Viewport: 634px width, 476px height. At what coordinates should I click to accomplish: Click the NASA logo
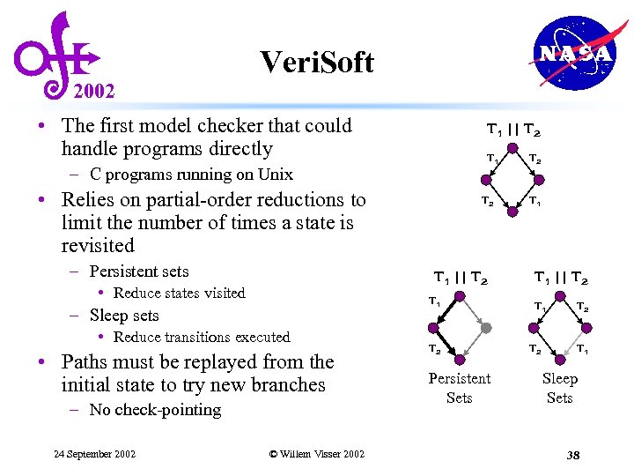click(574, 54)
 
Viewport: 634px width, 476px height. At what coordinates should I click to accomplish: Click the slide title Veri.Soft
click(317, 62)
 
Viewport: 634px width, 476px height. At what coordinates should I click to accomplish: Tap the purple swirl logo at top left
click(55, 55)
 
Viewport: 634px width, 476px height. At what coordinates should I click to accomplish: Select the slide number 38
click(573, 455)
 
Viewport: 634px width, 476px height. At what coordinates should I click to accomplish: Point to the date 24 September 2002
click(94, 454)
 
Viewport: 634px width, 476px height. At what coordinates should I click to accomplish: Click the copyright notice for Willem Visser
click(316, 454)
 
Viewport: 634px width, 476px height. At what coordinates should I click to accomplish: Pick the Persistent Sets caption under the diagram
click(459, 388)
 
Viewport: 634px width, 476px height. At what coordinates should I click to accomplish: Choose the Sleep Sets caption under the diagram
click(559, 388)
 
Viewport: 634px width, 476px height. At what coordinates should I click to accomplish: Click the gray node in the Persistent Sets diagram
click(485, 327)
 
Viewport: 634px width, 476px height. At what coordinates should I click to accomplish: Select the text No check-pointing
click(155, 410)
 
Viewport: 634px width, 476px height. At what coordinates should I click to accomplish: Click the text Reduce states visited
click(179, 294)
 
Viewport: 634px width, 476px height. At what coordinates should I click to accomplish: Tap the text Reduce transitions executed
click(202, 338)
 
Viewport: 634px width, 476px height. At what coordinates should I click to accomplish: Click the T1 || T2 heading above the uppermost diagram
click(513, 130)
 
